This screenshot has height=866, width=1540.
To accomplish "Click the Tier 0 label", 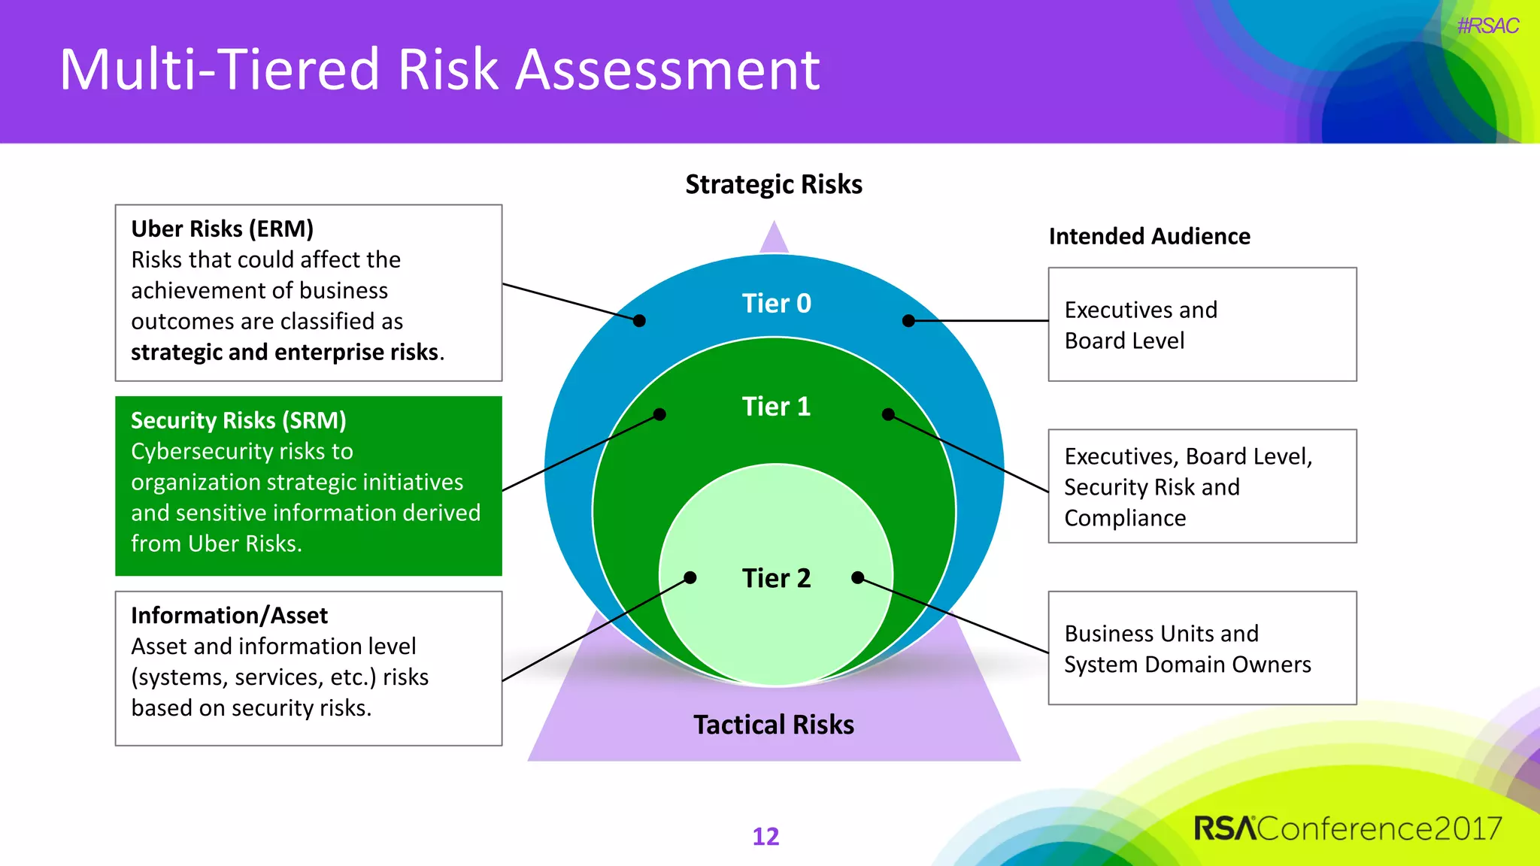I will pos(776,303).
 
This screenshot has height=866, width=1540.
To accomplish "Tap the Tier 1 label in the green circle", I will pos(776,406).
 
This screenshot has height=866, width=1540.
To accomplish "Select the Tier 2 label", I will pos(776,578).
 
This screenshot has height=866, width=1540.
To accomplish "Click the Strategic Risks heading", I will pos(773,184).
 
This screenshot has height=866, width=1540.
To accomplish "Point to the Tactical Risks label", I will pos(773,725).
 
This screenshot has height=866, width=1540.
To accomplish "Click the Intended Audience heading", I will pos(1149,236).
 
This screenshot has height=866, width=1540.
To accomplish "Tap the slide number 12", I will pos(765,836).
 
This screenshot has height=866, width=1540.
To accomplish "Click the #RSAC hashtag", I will pos(1487,26).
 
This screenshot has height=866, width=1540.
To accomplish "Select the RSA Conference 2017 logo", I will pos(1347,828).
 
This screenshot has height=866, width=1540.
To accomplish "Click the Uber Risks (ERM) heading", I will pos(222,229).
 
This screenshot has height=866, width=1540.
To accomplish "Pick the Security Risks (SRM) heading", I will pos(238,420).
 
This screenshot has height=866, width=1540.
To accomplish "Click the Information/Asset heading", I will pos(229,616).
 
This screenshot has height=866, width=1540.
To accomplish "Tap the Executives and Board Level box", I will pos(1202,325).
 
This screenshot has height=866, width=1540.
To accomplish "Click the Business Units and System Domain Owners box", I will pos(1202,648).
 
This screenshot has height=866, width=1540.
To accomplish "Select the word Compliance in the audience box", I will pos(1125,518).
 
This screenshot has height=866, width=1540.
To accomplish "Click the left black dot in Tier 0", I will pos(639,321).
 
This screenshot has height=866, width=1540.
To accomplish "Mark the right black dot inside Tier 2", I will pos(857,577).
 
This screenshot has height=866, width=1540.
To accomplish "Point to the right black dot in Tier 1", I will pos(888,414).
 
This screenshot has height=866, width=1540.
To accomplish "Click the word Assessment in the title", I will pos(667,70).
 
